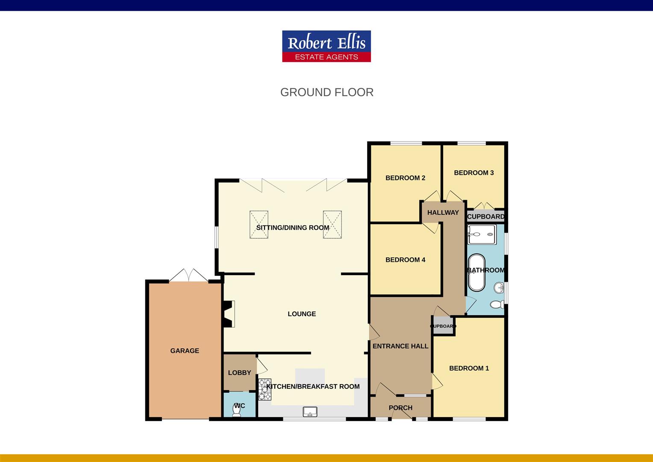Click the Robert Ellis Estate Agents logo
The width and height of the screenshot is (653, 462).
click(326, 46)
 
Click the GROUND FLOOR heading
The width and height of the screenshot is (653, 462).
click(327, 92)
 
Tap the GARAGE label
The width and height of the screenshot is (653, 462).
click(185, 350)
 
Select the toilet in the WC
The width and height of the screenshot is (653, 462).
click(236, 410)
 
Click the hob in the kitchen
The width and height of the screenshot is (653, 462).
click(265, 389)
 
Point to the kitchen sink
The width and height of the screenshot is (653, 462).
click(310, 412)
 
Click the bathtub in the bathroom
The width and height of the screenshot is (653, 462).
click(477, 272)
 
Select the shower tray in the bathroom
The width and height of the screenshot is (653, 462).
click(482, 234)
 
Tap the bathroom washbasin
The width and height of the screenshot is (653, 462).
click(499, 287)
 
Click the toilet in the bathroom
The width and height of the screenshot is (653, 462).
click(497, 305)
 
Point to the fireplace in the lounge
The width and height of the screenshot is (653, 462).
click(229, 314)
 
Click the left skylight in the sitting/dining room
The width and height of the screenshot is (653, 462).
click(259, 225)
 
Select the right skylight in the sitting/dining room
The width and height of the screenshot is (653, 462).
click(332, 225)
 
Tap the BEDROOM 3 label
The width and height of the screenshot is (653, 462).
click(474, 173)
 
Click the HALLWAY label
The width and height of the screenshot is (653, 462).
click(443, 213)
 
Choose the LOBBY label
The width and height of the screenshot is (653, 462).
click(239, 373)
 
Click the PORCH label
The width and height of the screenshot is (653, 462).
click(400, 408)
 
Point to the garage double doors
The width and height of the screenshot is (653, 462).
click(188, 275)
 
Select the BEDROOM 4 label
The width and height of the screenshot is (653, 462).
click(405, 260)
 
